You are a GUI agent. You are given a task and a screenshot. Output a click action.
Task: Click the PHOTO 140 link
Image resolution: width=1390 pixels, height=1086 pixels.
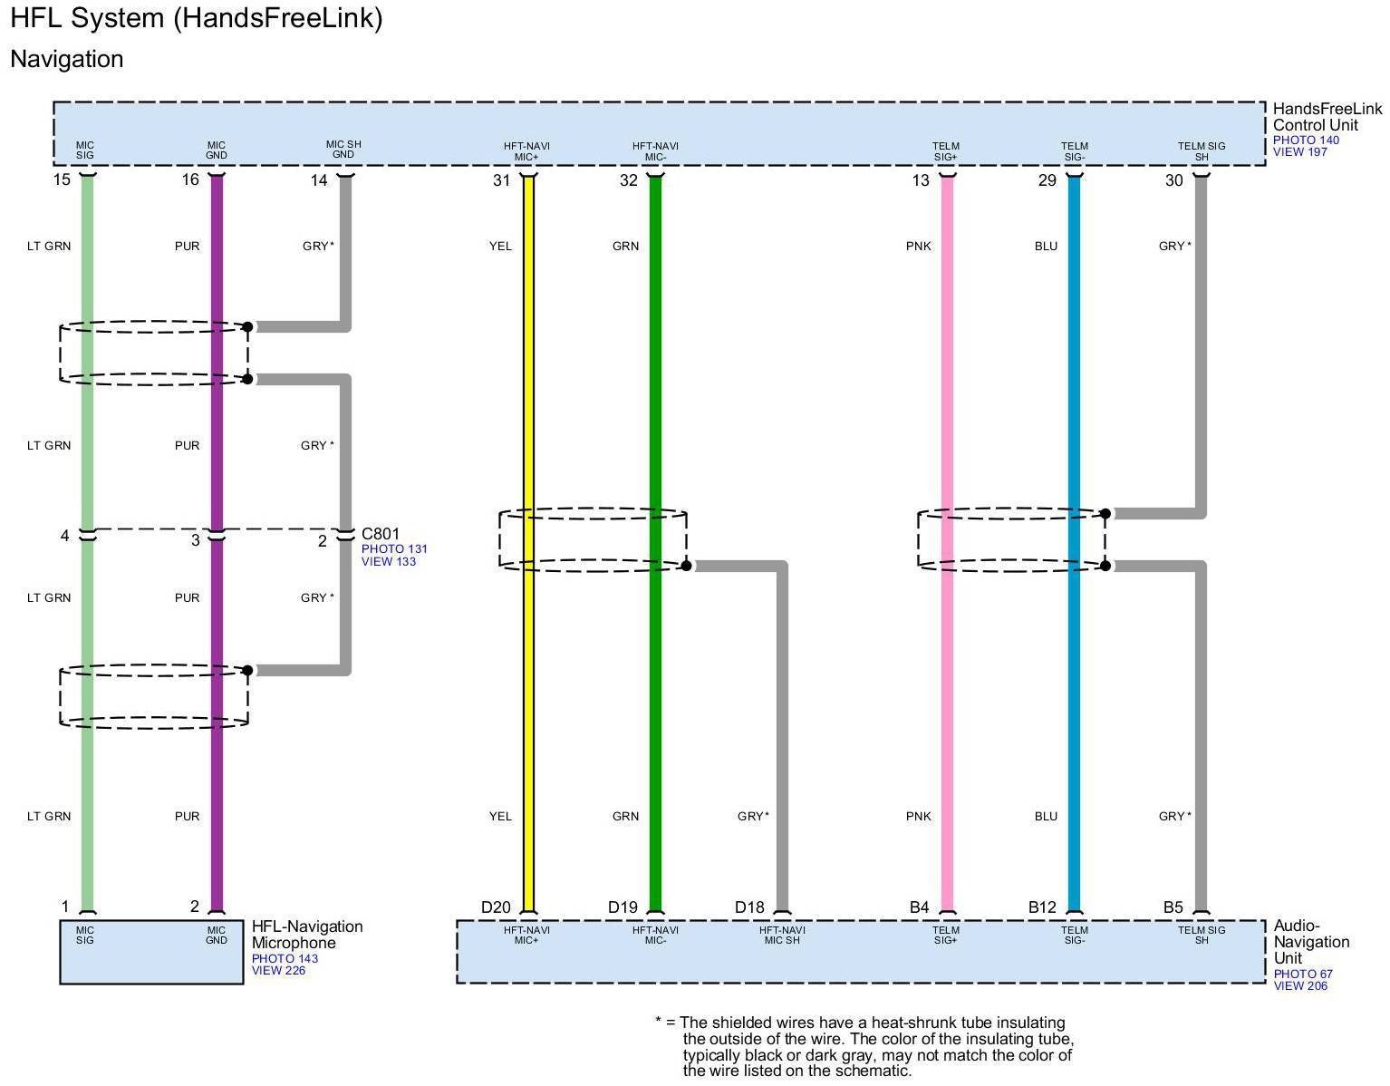tap(1305, 141)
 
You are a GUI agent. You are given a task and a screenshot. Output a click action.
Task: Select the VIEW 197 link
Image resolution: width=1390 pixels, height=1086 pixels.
tap(1299, 152)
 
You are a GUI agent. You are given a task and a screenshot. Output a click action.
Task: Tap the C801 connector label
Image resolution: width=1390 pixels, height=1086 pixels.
tap(380, 534)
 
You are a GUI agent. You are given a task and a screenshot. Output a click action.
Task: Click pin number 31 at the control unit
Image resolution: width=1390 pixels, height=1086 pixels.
tap(501, 180)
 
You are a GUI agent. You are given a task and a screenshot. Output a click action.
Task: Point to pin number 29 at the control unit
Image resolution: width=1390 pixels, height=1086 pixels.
tap(1047, 180)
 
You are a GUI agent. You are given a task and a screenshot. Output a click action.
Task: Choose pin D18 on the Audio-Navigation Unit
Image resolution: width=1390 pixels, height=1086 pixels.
tap(749, 907)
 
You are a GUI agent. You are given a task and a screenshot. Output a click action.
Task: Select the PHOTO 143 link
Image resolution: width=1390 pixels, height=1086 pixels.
tap(285, 958)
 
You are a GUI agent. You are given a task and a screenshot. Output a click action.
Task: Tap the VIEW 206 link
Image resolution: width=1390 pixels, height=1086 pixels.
tap(1299, 986)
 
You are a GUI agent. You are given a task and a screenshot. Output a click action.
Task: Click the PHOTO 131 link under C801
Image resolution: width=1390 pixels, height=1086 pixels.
tap(394, 549)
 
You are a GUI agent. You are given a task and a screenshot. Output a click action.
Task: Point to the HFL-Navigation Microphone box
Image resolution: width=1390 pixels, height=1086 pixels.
tap(150, 952)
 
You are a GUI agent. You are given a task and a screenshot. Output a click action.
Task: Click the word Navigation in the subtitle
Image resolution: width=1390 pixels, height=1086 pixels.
tap(67, 59)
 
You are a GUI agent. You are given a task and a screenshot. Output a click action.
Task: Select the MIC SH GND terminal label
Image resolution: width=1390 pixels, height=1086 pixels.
tap(343, 150)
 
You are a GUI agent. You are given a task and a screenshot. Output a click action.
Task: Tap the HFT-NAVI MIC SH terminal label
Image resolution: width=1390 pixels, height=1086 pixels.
tap(781, 935)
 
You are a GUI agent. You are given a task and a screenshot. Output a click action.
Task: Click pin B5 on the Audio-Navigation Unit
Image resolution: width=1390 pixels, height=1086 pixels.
tap(1173, 907)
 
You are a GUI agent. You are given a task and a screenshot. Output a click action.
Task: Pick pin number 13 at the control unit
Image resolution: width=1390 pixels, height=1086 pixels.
tap(920, 180)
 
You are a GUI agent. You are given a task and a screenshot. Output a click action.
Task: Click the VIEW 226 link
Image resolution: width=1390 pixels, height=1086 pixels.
tap(278, 971)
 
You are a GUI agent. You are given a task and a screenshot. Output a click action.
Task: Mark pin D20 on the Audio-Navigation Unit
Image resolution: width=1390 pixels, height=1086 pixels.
tap(496, 907)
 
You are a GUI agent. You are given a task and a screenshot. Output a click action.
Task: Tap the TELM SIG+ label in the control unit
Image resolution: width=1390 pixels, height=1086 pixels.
tap(945, 151)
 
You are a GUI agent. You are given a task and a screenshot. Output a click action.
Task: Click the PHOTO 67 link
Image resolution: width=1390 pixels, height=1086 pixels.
tap(1302, 974)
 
